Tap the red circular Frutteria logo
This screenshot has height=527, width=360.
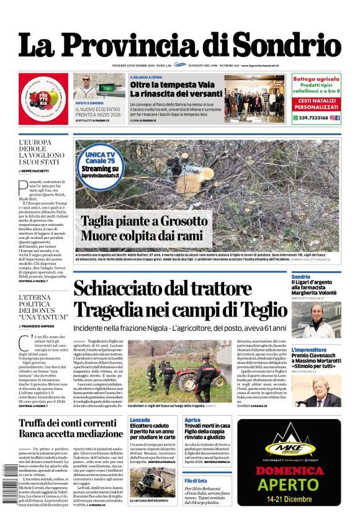(43, 99)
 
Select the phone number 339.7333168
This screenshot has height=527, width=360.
(308, 117)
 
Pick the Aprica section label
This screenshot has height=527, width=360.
(192, 420)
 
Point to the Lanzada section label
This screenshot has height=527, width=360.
(140, 420)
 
